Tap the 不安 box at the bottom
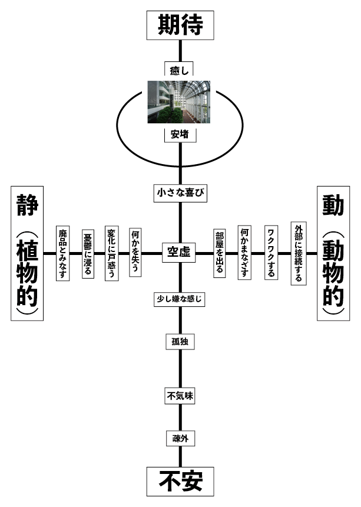click(180, 481)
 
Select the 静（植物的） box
click(27, 253)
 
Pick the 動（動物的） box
click(333, 253)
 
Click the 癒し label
click(178, 71)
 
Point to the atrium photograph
click(179, 102)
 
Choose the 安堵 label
click(179, 134)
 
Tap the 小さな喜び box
click(180, 192)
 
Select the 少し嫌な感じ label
click(178, 299)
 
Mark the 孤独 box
click(179, 341)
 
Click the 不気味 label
click(179, 396)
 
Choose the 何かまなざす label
click(245, 254)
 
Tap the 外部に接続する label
click(299, 253)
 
